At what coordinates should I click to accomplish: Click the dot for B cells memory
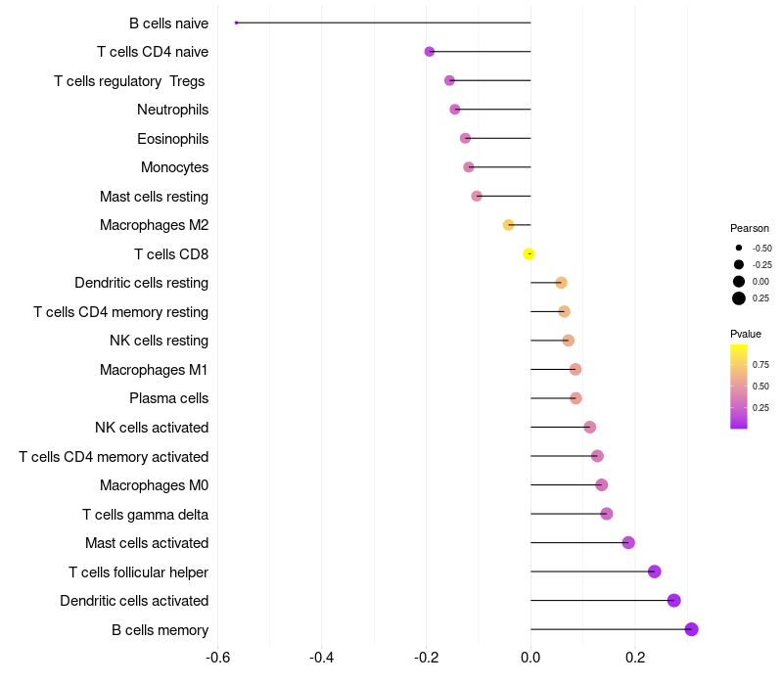point(691,629)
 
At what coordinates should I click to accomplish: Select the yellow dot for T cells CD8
point(529,253)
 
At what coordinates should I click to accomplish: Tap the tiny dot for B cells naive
point(237,23)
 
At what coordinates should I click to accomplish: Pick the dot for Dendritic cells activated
point(673,601)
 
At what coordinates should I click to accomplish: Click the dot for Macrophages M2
point(508,225)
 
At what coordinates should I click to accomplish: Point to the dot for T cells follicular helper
point(654,571)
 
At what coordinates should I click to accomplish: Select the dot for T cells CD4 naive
point(430,52)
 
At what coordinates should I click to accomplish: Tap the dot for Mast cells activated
point(628,543)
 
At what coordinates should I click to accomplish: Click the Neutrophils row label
point(172,110)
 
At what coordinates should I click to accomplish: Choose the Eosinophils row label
point(172,139)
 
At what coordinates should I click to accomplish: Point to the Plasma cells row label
point(168,398)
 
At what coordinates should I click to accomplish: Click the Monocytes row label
point(174,167)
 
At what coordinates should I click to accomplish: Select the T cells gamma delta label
point(145,514)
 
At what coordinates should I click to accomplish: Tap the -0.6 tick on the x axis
point(218,656)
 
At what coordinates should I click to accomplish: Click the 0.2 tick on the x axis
point(634,656)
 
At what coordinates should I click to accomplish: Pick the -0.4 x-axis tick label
point(322,656)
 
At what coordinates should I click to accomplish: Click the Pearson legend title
point(750,228)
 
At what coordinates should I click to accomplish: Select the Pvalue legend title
point(746,334)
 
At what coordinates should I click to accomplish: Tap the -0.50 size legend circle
point(739,248)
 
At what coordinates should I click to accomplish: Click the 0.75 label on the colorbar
point(760,364)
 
